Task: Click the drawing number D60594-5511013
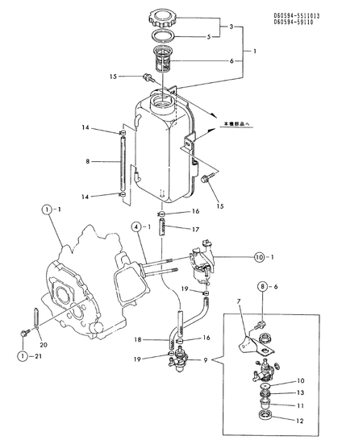point(318,15)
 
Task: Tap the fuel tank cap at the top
point(167,18)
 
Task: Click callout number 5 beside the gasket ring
point(208,36)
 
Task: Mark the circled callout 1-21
point(31,355)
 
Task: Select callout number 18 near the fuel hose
point(138,339)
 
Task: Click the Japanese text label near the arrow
point(238,125)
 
